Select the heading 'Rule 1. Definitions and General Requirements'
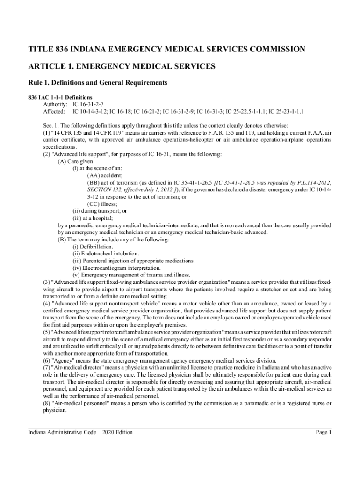(98, 83)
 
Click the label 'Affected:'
(54, 112)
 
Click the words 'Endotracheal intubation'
(104, 254)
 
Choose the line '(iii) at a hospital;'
(93, 218)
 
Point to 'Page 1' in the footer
(324, 432)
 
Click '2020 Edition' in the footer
(117, 432)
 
